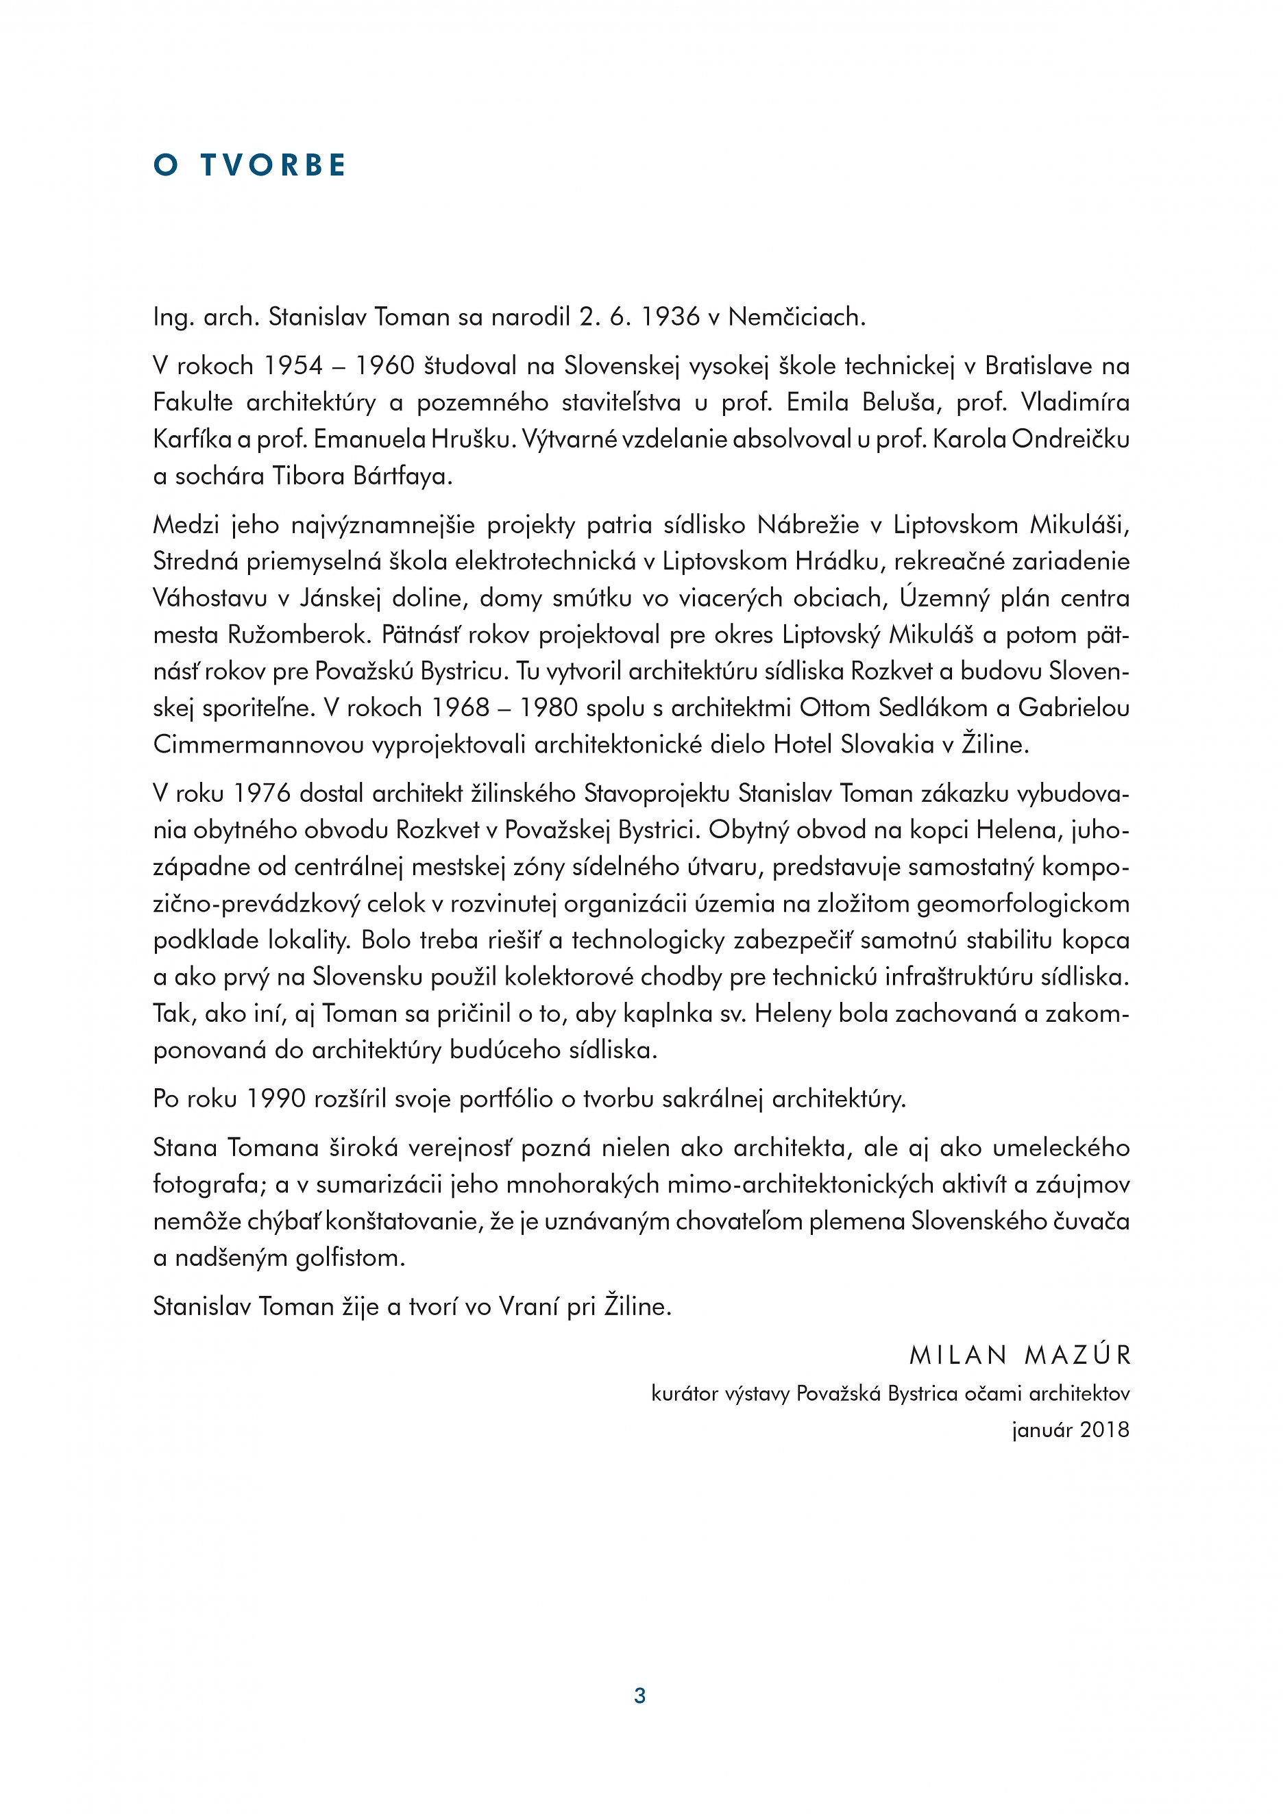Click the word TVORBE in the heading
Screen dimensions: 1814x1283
click(x=273, y=165)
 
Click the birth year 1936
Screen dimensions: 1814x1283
click(x=671, y=317)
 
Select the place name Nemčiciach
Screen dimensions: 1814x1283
click(x=796, y=317)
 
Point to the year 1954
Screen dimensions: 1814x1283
click(x=293, y=366)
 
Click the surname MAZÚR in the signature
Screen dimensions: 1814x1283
click(x=1077, y=1356)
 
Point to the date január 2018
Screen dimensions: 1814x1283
click(x=1071, y=1430)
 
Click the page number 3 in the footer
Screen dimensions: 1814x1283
click(x=640, y=1695)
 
